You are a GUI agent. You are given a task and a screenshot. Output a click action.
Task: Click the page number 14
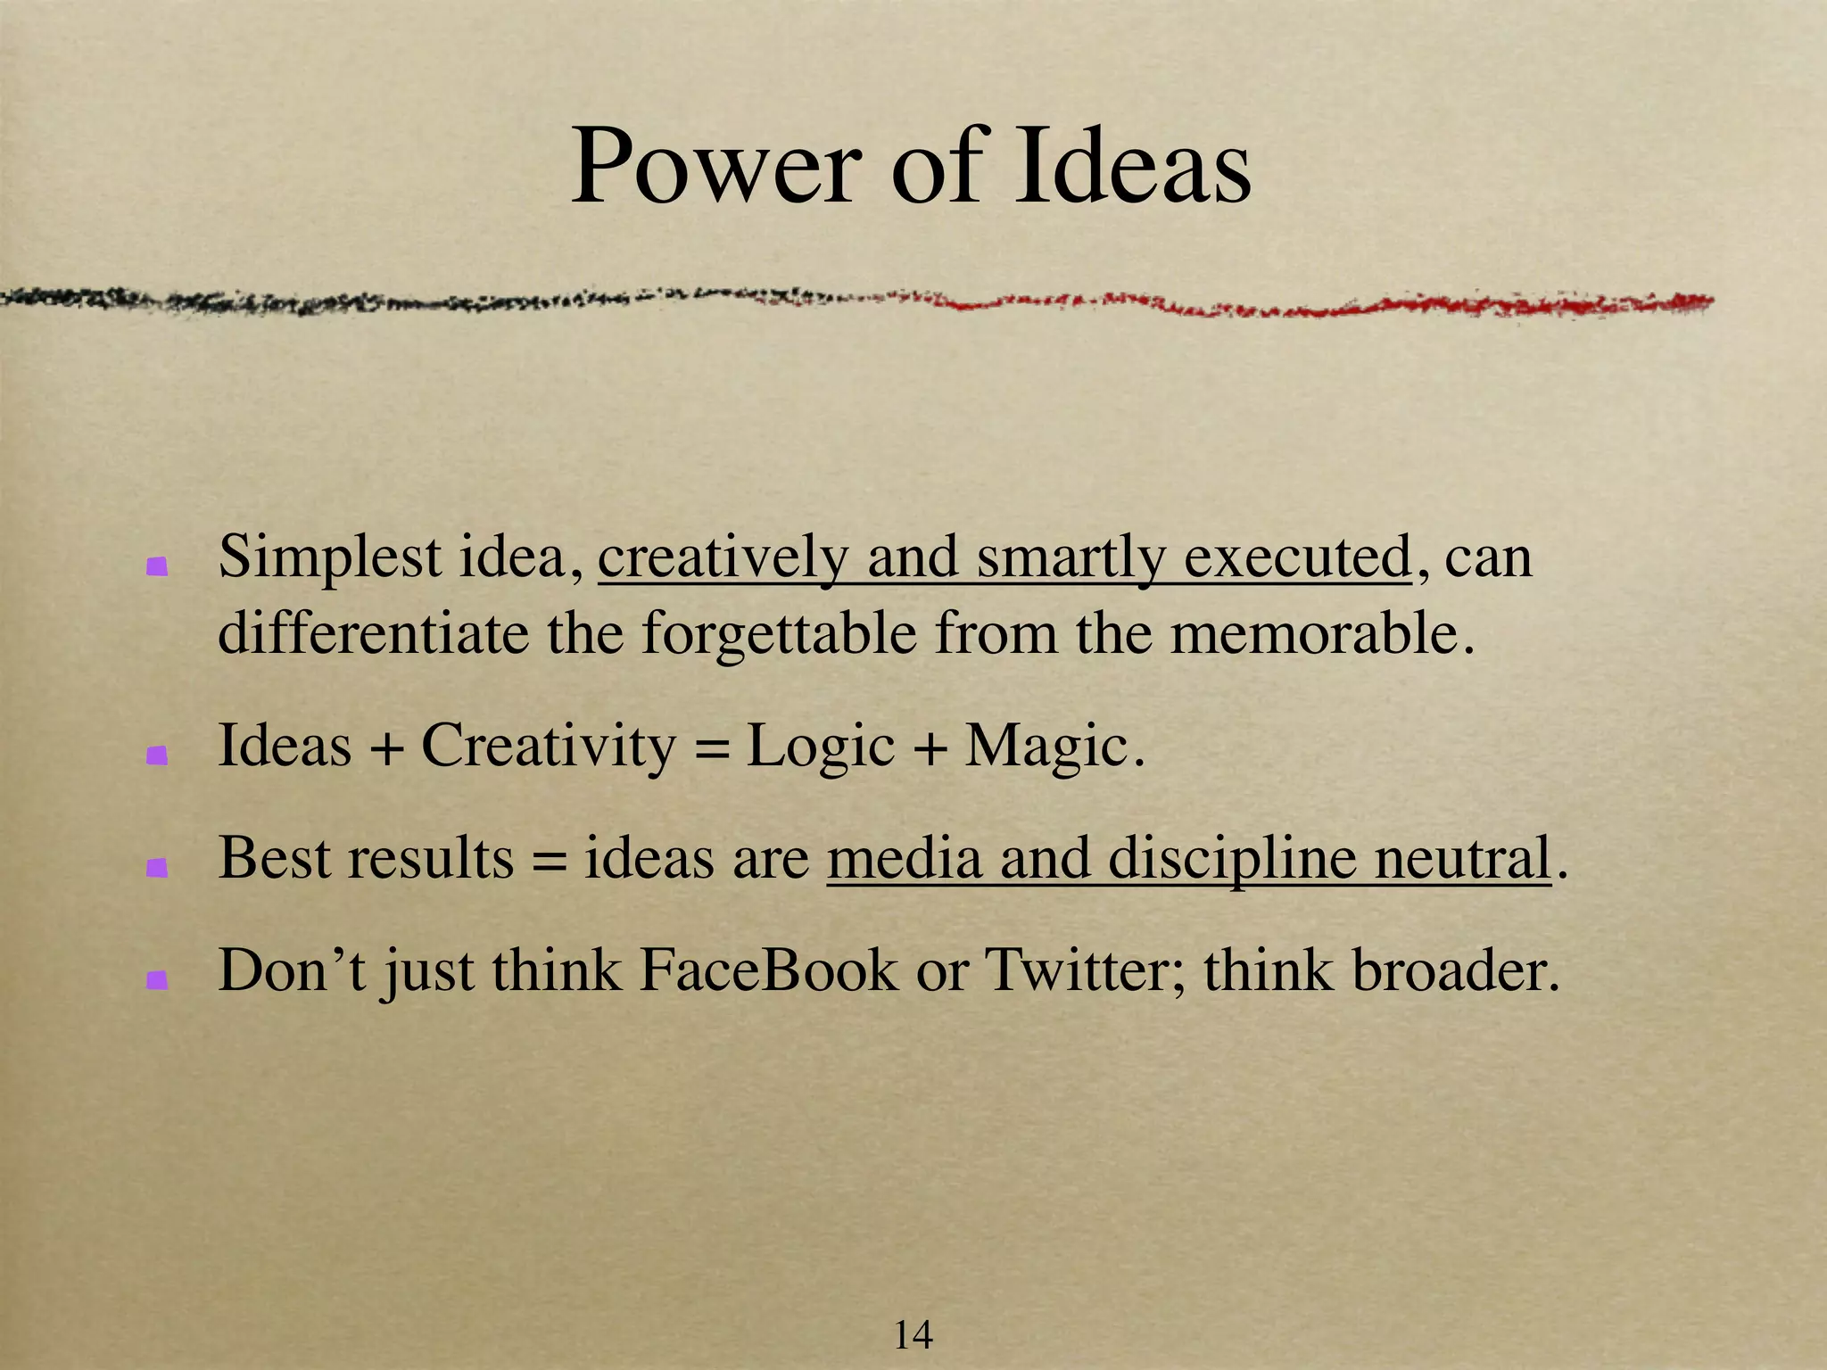coord(913,1335)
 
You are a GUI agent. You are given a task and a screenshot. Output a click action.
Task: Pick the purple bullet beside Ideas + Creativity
coord(158,755)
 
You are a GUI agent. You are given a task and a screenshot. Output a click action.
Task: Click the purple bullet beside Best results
coord(158,868)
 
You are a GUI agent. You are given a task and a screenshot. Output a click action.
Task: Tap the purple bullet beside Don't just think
coord(158,980)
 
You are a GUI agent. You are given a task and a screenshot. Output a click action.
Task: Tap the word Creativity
coord(549,747)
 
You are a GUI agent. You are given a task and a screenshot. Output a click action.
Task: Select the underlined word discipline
coord(1232,860)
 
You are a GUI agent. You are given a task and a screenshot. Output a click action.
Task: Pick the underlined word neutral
coord(1462,858)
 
